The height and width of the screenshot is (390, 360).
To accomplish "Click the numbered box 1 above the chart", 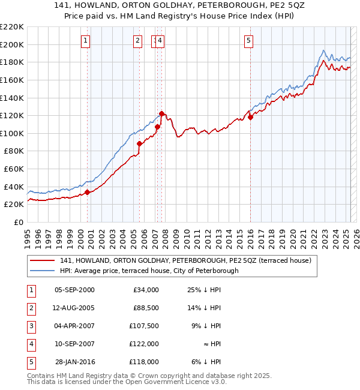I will point(86,41).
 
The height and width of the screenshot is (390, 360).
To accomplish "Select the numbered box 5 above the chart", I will point(248,41).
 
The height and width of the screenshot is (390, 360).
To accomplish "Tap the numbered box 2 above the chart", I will point(137,41).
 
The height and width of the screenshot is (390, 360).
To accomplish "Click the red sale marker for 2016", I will point(251,117).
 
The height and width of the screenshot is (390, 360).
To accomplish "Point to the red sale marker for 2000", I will point(87,192).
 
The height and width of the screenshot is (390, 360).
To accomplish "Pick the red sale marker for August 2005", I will point(139,143).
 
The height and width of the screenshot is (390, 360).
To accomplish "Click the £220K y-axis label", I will point(12,27).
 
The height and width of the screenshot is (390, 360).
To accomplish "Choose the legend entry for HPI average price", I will point(149,271).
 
